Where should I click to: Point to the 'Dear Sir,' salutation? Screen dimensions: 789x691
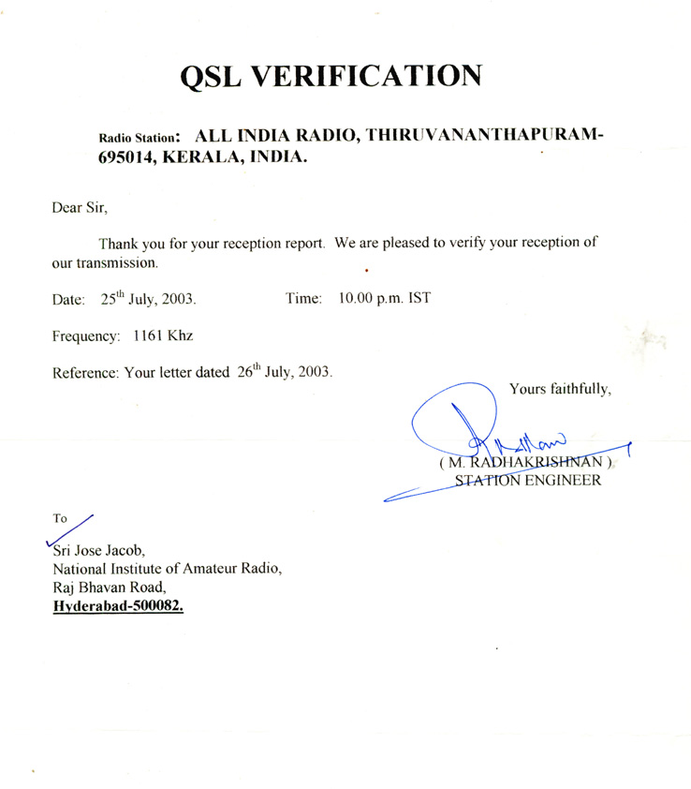click(x=81, y=207)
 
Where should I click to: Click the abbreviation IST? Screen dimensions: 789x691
click(x=418, y=299)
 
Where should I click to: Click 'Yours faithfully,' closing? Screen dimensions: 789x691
click(x=561, y=387)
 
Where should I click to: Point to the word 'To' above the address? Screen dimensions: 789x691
click(x=61, y=516)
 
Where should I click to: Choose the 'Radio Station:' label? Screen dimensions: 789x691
click(x=139, y=137)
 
